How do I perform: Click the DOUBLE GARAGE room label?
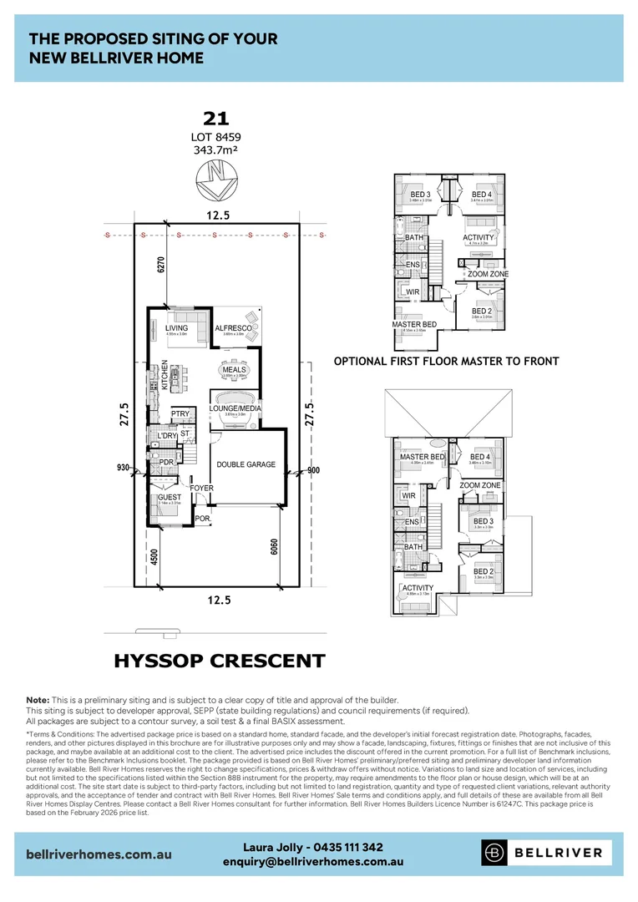246,464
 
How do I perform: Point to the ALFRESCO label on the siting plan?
234,328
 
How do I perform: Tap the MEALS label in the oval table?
234,369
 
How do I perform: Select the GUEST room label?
170,498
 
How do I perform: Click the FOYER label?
201,488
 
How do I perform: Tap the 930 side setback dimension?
124,468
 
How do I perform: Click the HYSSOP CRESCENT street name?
219,661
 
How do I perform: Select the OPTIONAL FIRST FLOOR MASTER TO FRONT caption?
446,362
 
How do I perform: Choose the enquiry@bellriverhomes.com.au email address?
313,861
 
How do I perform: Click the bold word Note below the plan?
38,700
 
